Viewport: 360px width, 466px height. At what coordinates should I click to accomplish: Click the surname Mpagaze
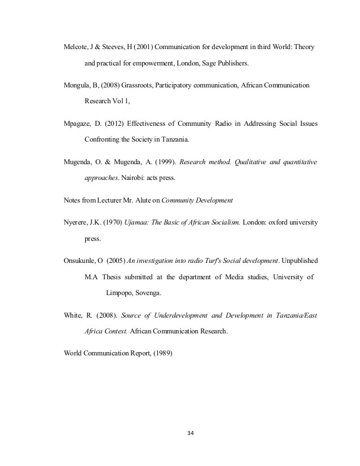78,122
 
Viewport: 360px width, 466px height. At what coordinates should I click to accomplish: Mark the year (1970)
117,222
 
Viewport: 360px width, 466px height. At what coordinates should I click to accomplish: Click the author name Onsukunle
81,261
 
